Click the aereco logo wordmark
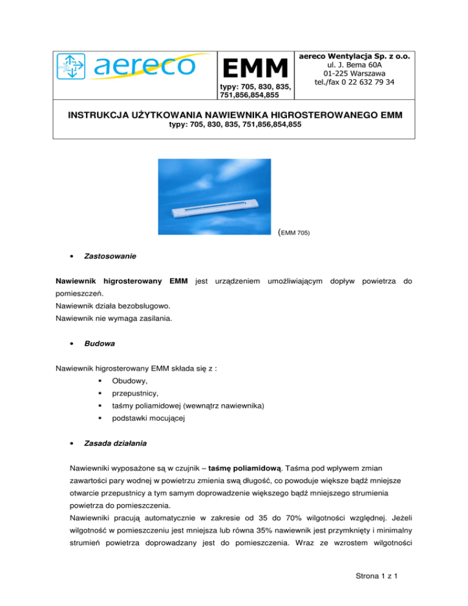pos(144,68)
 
